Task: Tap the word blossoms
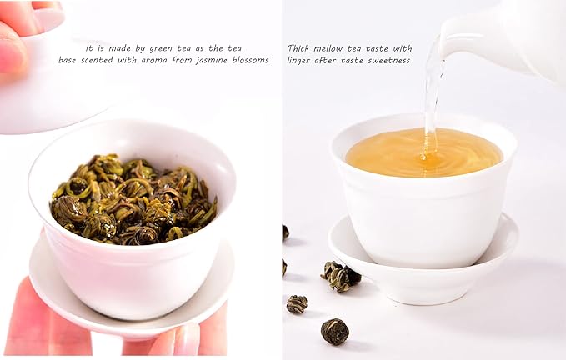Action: pos(251,60)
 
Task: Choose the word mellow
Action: pos(336,48)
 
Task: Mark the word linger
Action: pos(303,60)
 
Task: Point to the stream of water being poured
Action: pos(432,92)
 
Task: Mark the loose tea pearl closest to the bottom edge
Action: pos(334,331)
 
